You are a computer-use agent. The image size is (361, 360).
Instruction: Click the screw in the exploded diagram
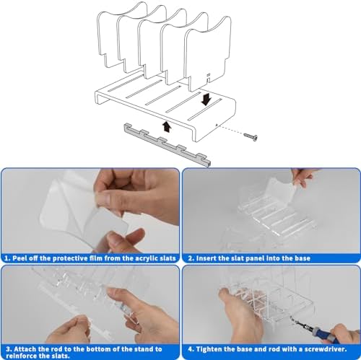pyautogui.click(x=251, y=137)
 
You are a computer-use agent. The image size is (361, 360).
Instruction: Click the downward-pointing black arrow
pyautogui.click(x=206, y=100)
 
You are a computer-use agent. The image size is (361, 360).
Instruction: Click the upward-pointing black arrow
pyautogui.click(x=166, y=126)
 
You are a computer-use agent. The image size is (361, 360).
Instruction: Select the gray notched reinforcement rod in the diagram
pyautogui.click(x=168, y=145)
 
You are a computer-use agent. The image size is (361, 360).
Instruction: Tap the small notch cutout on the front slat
pyautogui.click(x=209, y=78)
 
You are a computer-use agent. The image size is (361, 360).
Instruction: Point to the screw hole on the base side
pyautogui.click(x=217, y=125)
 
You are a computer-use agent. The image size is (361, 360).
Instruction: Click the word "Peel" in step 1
pyautogui.click(x=19, y=258)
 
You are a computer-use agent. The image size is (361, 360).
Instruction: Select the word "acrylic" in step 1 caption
pyautogui.click(x=146, y=258)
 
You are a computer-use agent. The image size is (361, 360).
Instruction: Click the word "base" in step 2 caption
pyautogui.click(x=303, y=258)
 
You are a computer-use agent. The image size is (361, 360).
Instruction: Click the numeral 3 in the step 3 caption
pyautogui.click(x=9, y=349)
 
